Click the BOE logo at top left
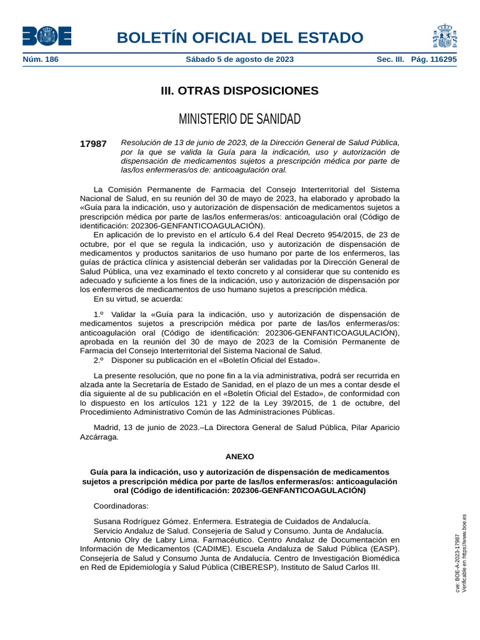point(46,36)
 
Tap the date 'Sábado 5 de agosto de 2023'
point(239,60)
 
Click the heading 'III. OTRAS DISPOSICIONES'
point(239,91)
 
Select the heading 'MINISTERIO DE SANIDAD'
point(239,119)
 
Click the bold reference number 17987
point(93,144)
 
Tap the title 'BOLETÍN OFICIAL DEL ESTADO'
point(239,37)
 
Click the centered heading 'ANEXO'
point(239,457)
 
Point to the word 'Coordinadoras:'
point(121,506)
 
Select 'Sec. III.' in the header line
point(390,60)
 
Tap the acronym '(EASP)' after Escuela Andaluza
point(384,549)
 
